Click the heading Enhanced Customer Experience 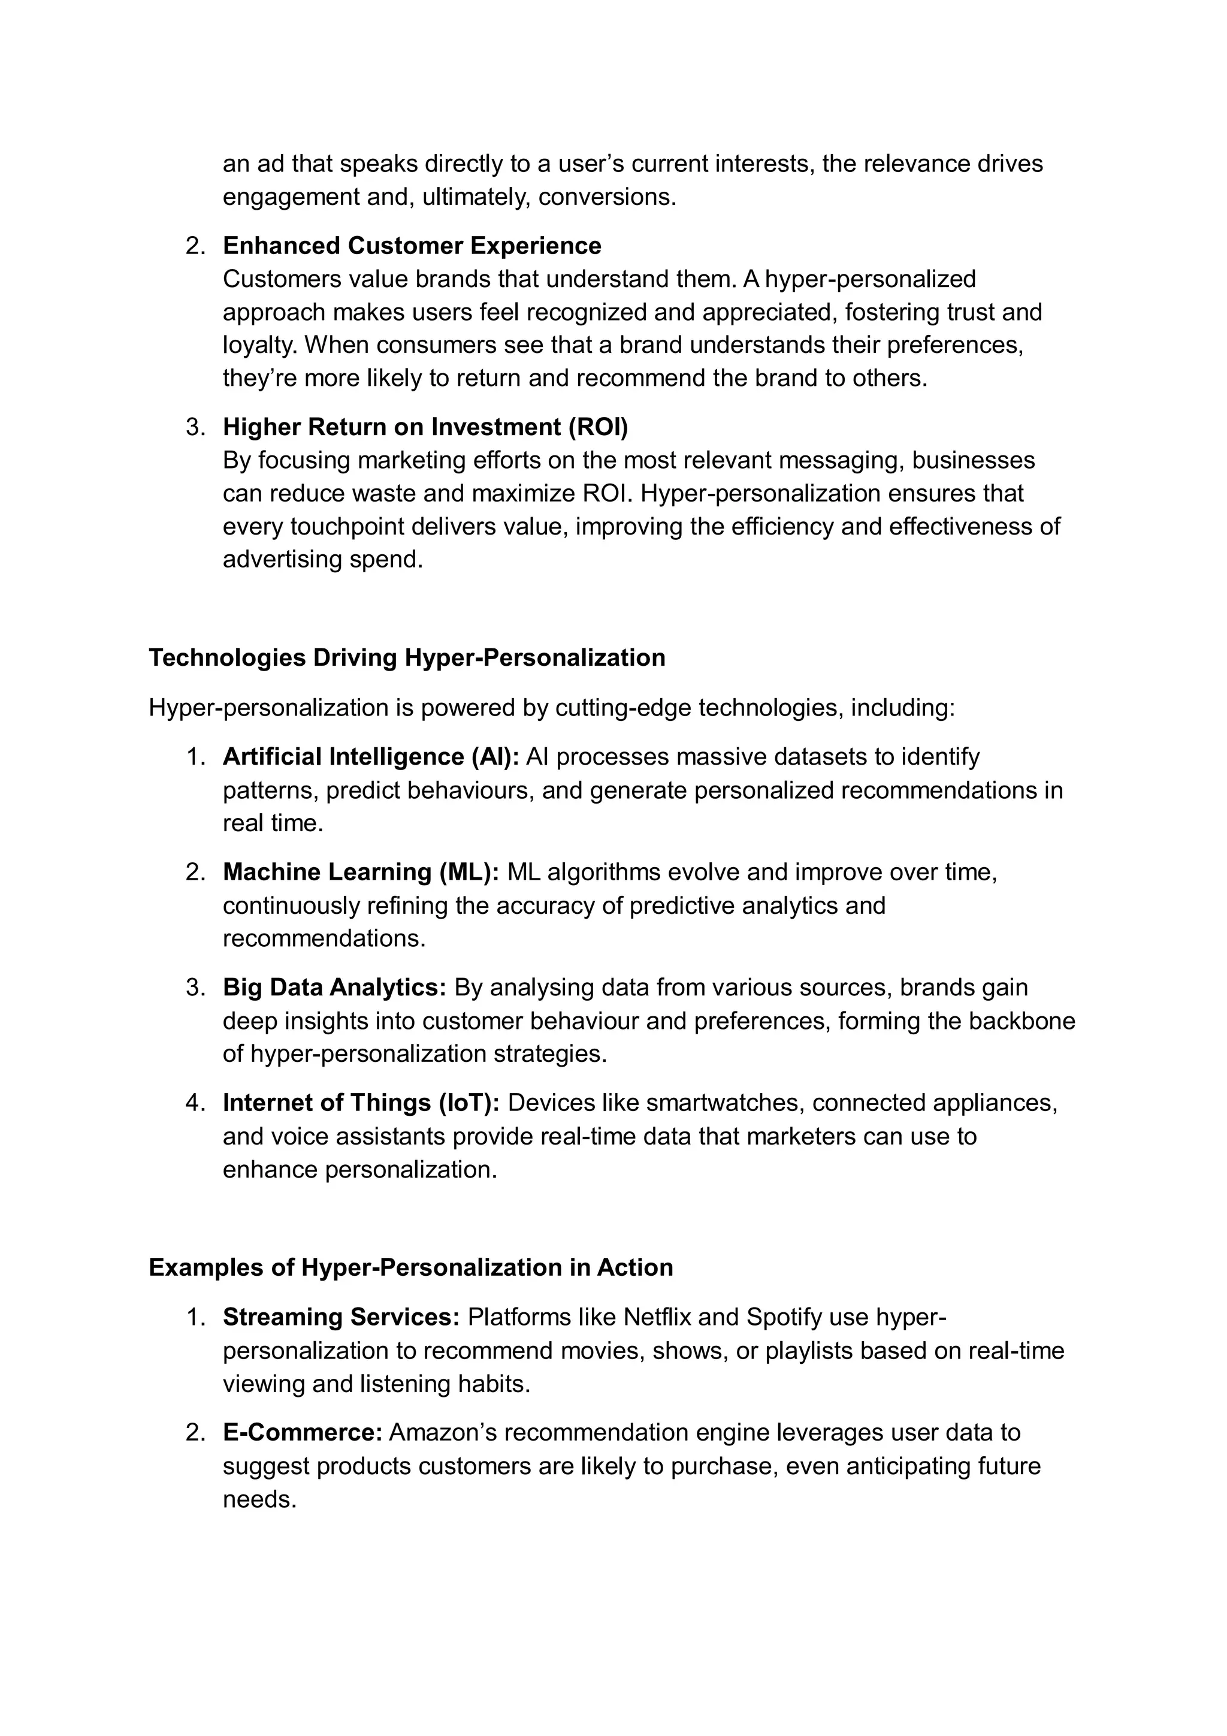(412, 246)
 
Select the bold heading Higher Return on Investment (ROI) (425, 427)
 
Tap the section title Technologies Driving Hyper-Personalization (407, 658)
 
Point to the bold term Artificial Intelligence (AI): (370, 757)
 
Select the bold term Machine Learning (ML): (361, 872)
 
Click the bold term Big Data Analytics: (335, 988)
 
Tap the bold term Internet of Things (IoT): (361, 1103)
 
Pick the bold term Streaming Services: (341, 1317)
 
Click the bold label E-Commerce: (303, 1433)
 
